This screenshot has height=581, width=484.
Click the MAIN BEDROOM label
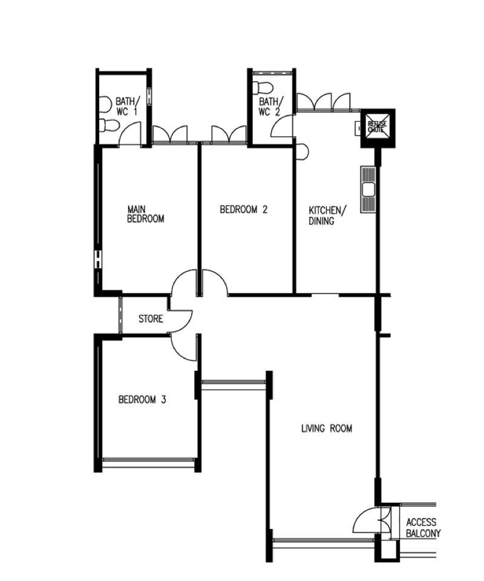pos(145,214)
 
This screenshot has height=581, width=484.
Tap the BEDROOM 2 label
pos(243,210)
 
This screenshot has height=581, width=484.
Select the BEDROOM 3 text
pos(142,399)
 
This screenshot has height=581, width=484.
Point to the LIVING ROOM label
pos(327,428)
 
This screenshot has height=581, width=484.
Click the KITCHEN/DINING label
pos(327,216)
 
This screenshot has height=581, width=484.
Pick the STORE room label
pos(151,319)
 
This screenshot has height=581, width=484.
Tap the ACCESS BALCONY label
pos(423,528)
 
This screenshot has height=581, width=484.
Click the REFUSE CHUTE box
pos(378,128)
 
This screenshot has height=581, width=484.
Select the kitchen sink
pos(368,190)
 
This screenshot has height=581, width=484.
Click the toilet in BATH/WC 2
pos(263,88)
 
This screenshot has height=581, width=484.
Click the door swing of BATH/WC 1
pos(130,134)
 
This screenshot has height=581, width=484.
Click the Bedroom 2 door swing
pos(215,281)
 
